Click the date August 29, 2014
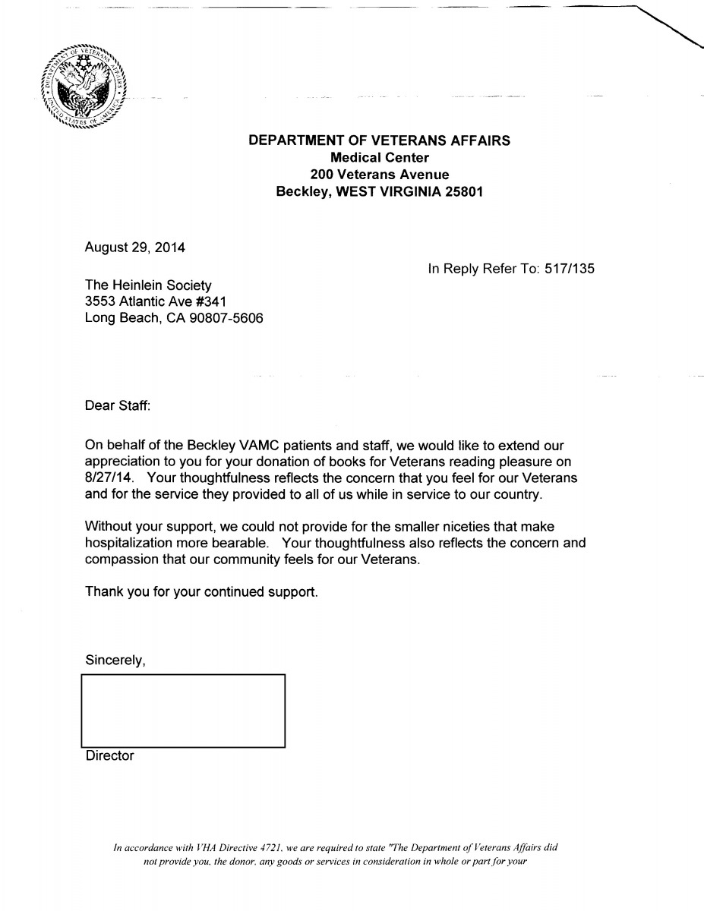(134, 247)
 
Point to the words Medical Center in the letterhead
(380, 158)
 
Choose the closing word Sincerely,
(115, 660)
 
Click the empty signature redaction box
(182, 710)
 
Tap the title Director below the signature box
(109, 756)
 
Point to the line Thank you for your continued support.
(201, 591)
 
